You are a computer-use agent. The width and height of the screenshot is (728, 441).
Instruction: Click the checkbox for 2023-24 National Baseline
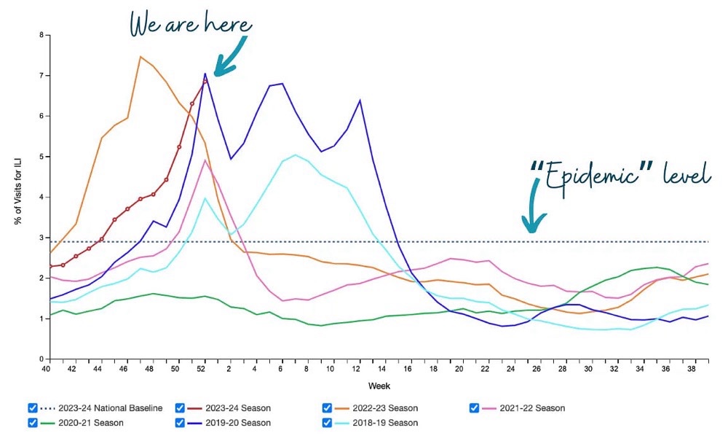click(32, 408)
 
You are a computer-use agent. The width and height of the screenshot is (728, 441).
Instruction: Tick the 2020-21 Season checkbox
click(32, 422)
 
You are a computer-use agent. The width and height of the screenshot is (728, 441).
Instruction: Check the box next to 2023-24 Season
click(181, 408)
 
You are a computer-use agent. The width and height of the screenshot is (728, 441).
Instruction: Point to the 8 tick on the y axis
click(41, 35)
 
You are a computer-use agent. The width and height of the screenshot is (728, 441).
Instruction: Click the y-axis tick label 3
click(41, 238)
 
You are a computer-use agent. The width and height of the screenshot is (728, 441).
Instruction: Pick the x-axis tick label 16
click(410, 370)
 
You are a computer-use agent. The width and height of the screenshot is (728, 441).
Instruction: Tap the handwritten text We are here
click(190, 24)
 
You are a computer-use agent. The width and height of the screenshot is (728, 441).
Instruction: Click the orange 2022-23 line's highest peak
click(141, 57)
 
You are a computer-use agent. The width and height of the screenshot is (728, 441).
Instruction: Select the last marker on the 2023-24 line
click(205, 80)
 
